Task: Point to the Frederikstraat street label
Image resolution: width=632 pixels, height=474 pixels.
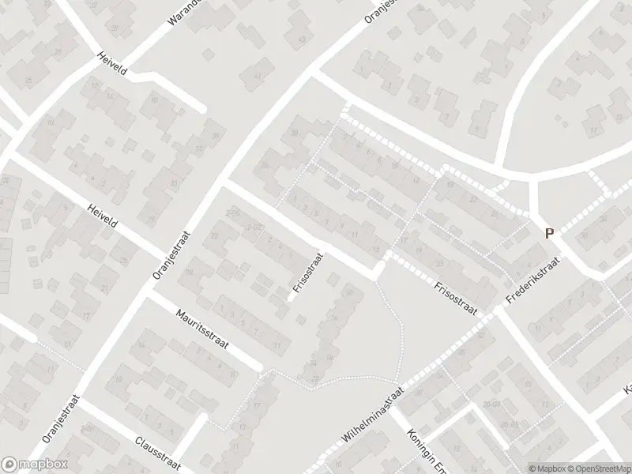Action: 533,281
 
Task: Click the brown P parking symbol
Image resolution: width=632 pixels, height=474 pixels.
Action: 549,233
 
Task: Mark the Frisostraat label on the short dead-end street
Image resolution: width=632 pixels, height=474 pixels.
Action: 308,273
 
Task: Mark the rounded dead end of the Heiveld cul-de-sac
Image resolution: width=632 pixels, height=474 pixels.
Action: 201,108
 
